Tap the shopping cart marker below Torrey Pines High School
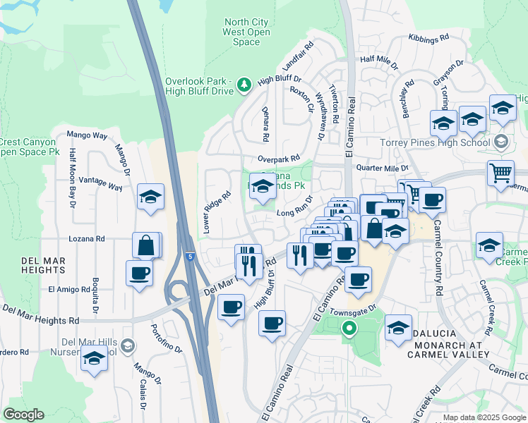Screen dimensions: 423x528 500,172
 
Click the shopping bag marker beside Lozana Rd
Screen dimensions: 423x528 146,246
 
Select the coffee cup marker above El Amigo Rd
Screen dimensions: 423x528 139,274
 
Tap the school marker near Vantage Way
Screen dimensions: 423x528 150,197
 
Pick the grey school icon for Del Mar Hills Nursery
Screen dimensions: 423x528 126,345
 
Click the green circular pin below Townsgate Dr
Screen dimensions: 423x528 348,328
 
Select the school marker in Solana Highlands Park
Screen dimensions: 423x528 263,188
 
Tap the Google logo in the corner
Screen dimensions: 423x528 23,415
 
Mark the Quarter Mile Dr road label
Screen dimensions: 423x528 383,168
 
